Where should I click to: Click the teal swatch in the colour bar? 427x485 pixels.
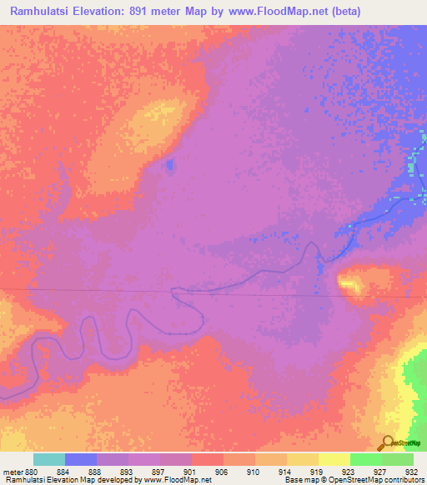point(49,459)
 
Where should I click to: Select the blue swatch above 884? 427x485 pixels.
point(81,459)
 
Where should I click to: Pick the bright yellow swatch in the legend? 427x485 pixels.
point(334,459)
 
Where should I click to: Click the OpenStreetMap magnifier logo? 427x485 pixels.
point(386,442)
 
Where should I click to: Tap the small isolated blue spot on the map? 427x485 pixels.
point(170,164)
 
